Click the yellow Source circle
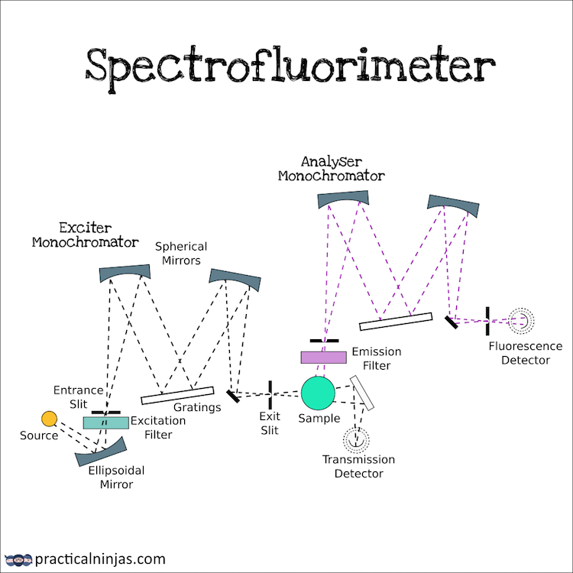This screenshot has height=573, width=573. coord(49,418)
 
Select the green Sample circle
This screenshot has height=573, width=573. coord(318,393)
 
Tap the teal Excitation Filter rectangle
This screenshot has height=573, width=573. coord(106,422)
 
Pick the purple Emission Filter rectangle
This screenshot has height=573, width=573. coord(323,357)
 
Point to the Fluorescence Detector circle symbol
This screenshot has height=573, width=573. coord(523,320)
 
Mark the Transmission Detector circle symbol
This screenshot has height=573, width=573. coord(354,439)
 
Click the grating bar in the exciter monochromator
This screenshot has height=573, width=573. coord(177,395)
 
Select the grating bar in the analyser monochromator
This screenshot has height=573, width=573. coord(396,321)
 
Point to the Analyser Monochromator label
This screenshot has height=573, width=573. coord(331,168)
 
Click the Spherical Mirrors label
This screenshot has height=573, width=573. coord(181,253)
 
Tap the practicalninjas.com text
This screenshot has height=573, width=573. coord(100,558)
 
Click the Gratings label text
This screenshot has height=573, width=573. coord(196,407)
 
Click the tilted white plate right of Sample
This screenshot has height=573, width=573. coord(362,392)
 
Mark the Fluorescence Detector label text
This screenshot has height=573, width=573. coord(526,353)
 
